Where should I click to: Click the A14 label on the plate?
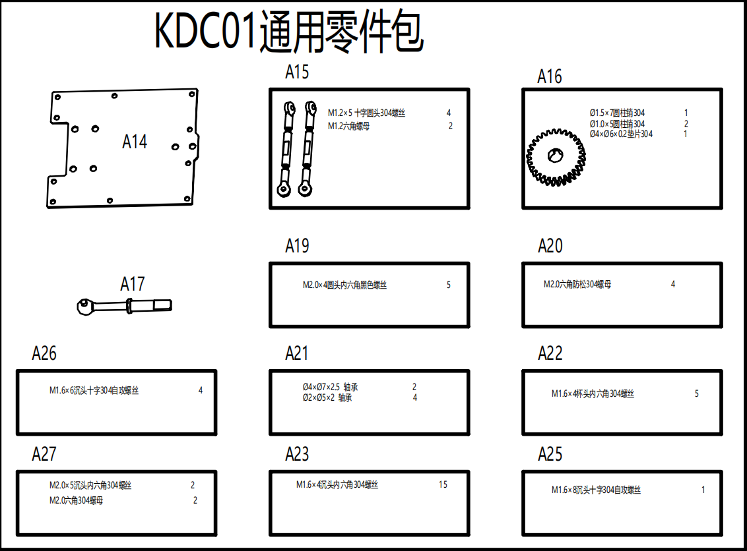pos(135,142)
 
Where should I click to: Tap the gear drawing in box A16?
pos(556,159)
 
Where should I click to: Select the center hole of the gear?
pos(555,155)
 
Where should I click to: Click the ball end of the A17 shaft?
pos(84,304)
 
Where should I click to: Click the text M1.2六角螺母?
pos(348,126)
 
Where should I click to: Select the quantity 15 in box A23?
pos(443,484)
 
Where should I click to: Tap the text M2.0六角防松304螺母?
pos(577,284)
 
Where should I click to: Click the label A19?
pos(297,246)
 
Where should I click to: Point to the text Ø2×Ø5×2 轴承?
pos(327,397)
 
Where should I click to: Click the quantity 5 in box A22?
pos(696,393)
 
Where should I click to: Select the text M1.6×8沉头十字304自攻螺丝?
pos(596,490)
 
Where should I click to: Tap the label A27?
pos(44,454)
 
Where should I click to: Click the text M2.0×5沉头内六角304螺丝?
pos(90,485)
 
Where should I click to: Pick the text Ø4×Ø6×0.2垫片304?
pos(621,134)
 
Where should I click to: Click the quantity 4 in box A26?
pos(201,390)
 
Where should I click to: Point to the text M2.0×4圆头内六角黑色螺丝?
pos(344,285)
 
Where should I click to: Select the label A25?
pos(550,454)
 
